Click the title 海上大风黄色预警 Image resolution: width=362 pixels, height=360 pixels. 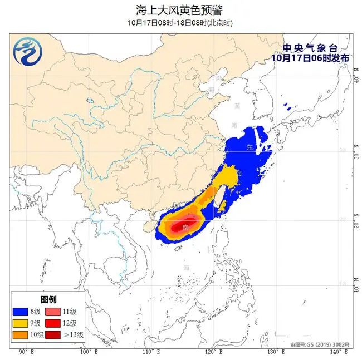tap(180, 9)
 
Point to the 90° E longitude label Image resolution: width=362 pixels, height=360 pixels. tap(26, 352)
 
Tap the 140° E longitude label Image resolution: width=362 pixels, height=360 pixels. tap(335, 352)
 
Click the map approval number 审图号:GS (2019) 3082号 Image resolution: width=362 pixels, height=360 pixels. tap(320, 345)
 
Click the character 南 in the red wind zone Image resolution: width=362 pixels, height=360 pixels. tap(184, 228)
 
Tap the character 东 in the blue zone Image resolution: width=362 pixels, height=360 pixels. tap(249, 147)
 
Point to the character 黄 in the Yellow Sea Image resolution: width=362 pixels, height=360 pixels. tap(237, 106)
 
